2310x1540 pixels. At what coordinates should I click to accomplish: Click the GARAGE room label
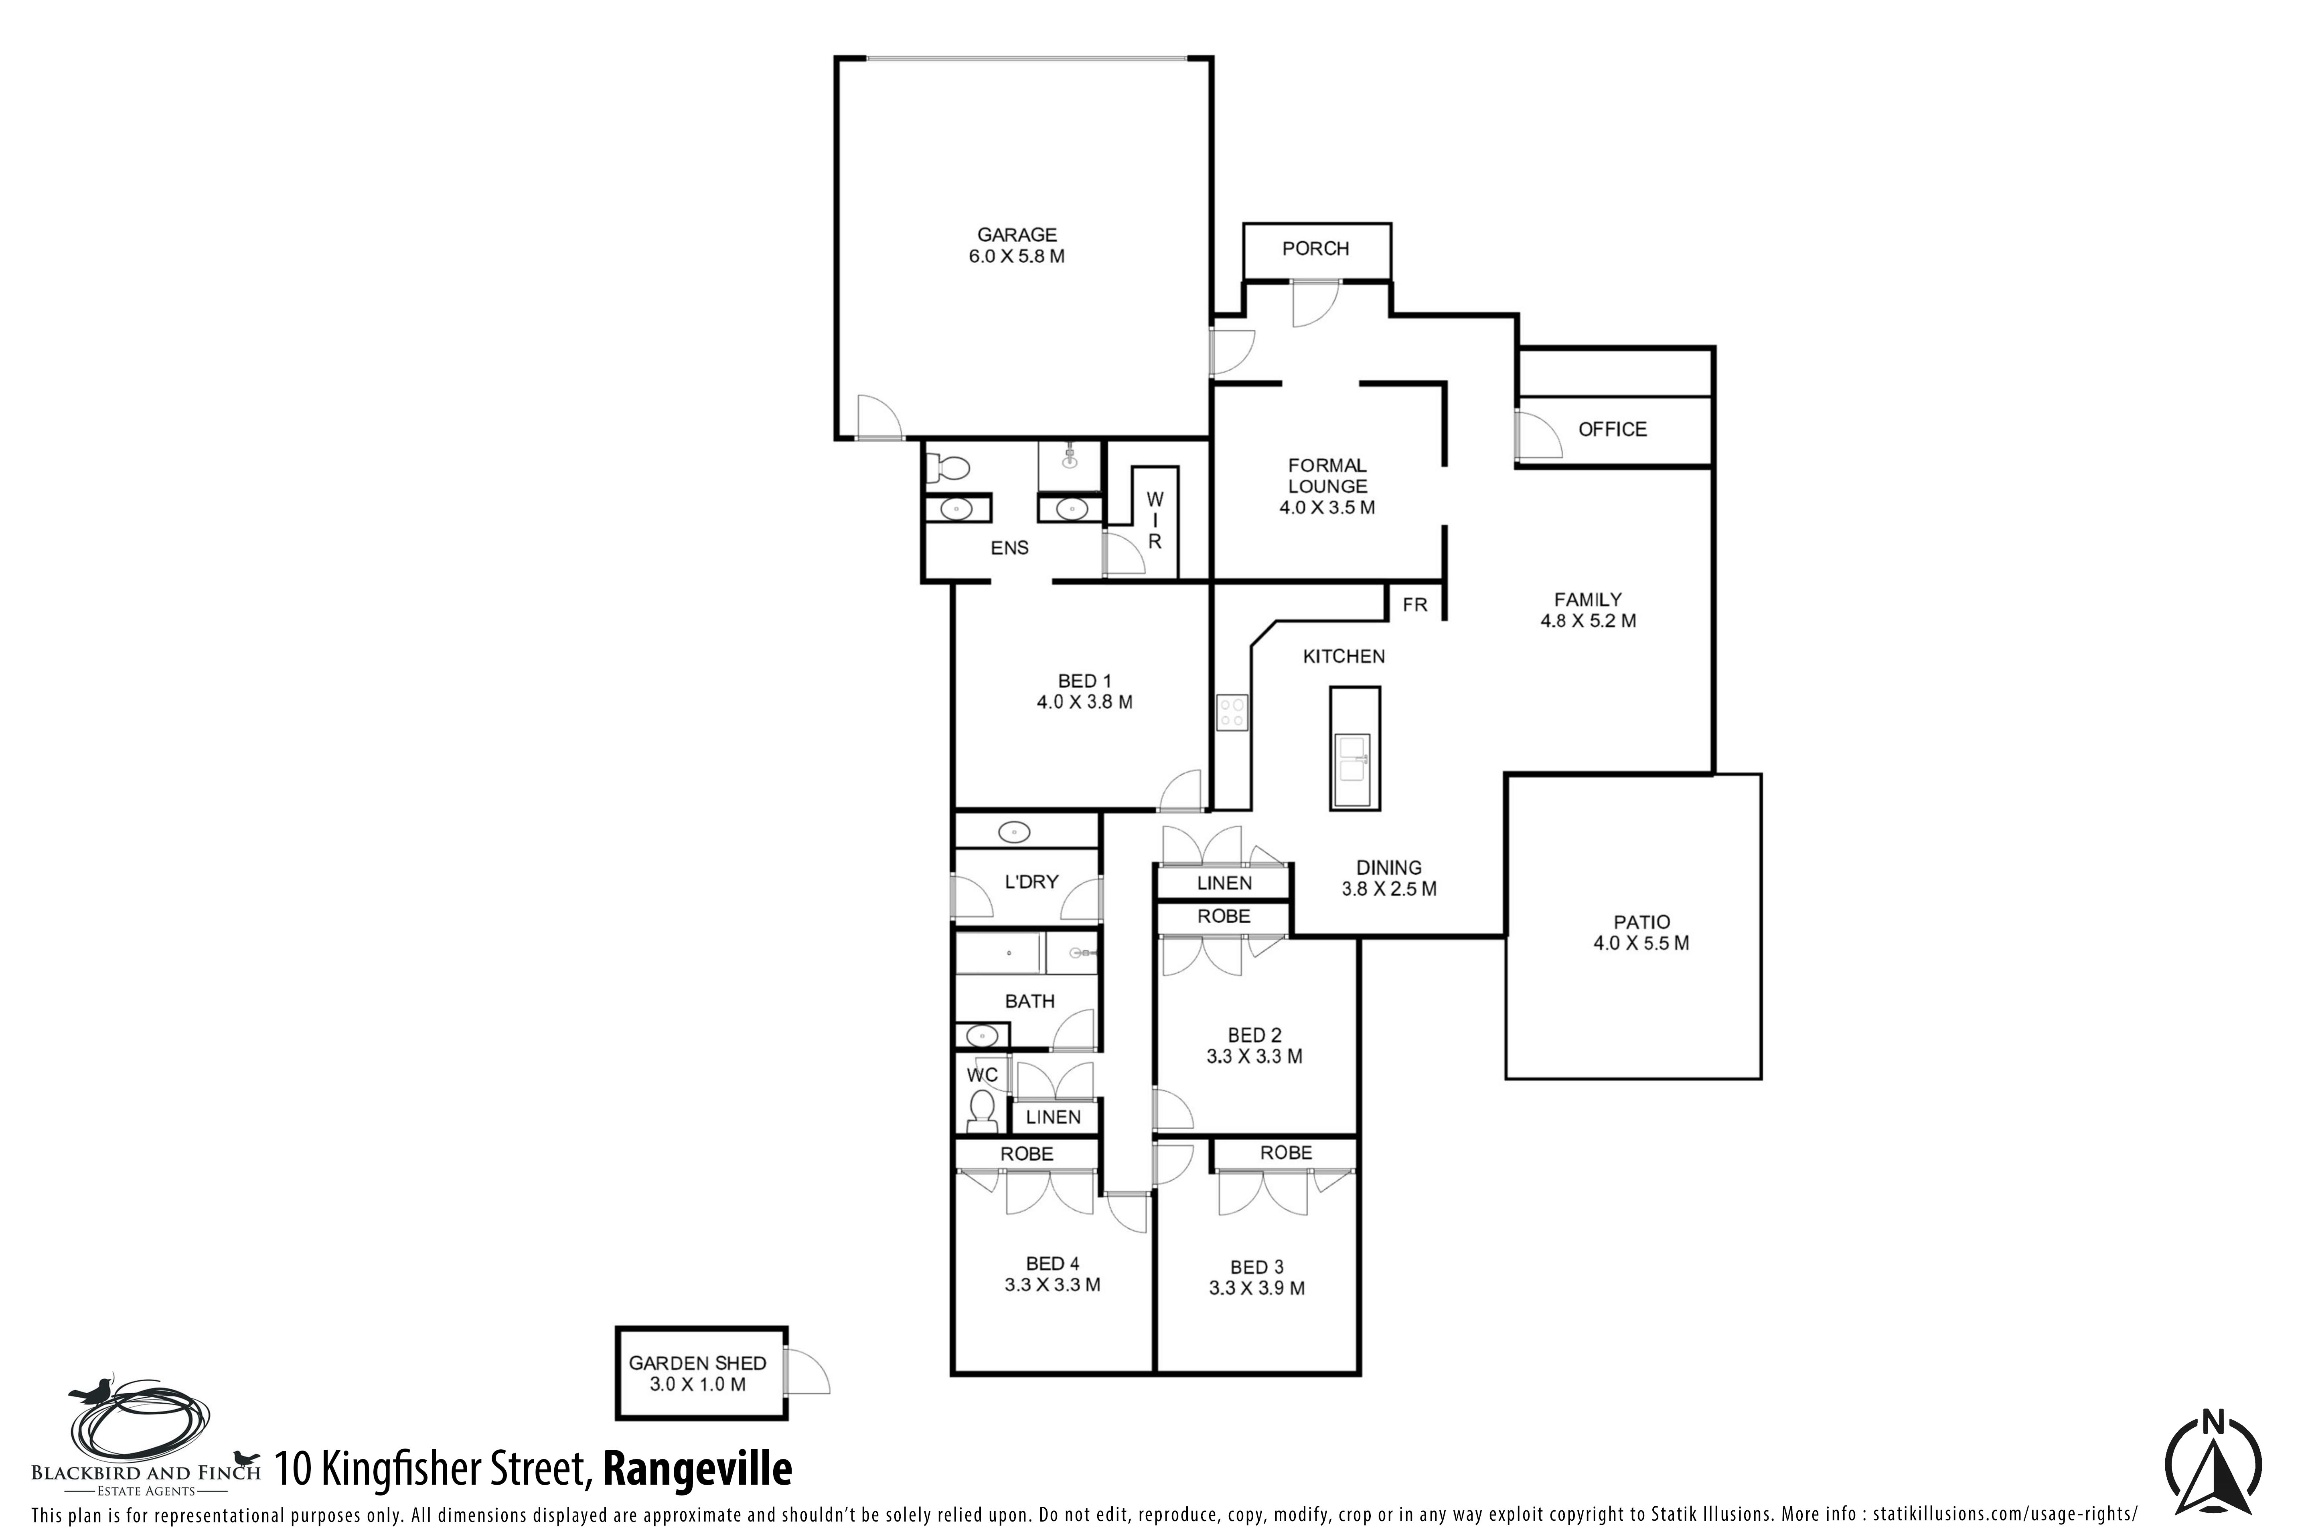click(1017, 235)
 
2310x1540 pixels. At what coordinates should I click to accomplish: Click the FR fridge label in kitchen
click(1414, 605)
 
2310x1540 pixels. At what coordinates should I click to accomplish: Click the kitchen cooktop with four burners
click(1232, 712)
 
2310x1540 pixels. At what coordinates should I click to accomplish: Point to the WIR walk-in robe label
click(1155, 521)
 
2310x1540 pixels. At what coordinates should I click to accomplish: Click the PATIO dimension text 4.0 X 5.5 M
click(1641, 943)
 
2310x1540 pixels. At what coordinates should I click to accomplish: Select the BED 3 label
click(1256, 1267)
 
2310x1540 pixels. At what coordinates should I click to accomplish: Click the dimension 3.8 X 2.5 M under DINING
click(1389, 889)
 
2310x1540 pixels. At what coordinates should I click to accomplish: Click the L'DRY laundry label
click(1031, 882)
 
